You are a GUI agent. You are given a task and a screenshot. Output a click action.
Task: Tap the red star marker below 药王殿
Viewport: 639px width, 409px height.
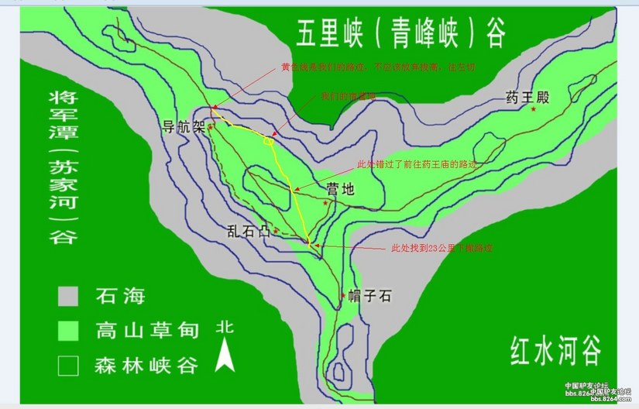click(534, 110)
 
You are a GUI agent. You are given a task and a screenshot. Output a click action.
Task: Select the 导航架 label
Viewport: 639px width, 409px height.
click(183, 127)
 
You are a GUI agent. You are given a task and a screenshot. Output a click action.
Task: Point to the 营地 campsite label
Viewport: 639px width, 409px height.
click(342, 187)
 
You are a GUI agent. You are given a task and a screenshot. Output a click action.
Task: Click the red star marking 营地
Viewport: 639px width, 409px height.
click(327, 202)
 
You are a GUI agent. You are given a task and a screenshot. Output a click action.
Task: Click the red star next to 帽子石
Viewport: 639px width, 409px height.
click(342, 295)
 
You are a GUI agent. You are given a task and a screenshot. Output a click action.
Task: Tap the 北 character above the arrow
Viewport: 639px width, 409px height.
click(225, 327)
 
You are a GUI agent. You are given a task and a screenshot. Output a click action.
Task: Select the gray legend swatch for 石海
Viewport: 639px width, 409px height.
click(69, 296)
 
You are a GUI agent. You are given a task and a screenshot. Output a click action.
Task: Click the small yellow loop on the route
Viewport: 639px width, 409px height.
click(269, 141)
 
